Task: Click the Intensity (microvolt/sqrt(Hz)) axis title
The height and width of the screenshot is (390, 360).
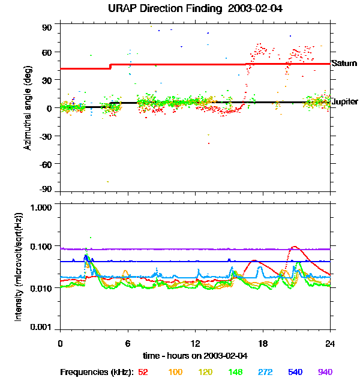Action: [x=19, y=267]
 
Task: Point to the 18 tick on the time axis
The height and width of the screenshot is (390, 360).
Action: [x=263, y=344]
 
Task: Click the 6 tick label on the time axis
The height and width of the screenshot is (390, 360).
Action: [x=128, y=344]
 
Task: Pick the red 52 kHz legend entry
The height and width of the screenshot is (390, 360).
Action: [x=143, y=372]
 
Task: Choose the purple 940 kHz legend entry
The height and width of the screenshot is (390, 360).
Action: [x=325, y=372]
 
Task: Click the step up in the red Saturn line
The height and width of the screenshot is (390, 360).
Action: [x=110, y=66]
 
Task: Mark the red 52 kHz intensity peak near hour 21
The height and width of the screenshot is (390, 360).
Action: [x=294, y=247]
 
